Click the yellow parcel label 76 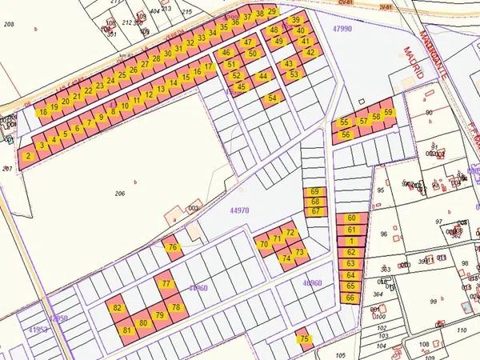(172, 248)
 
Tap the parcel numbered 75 (303, 339)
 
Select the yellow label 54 (273, 98)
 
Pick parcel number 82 (118, 308)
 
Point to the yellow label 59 (388, 113)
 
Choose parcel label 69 (315, 192)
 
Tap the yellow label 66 (350, 298)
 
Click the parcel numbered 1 (350, 241)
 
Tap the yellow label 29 (271, 11)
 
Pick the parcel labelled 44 (263, 76)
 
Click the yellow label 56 (346, 134)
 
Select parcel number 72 (290, 233)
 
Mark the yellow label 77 (166, 284)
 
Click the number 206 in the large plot (121, 194)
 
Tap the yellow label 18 (42, 112)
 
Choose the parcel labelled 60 (350, 218)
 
